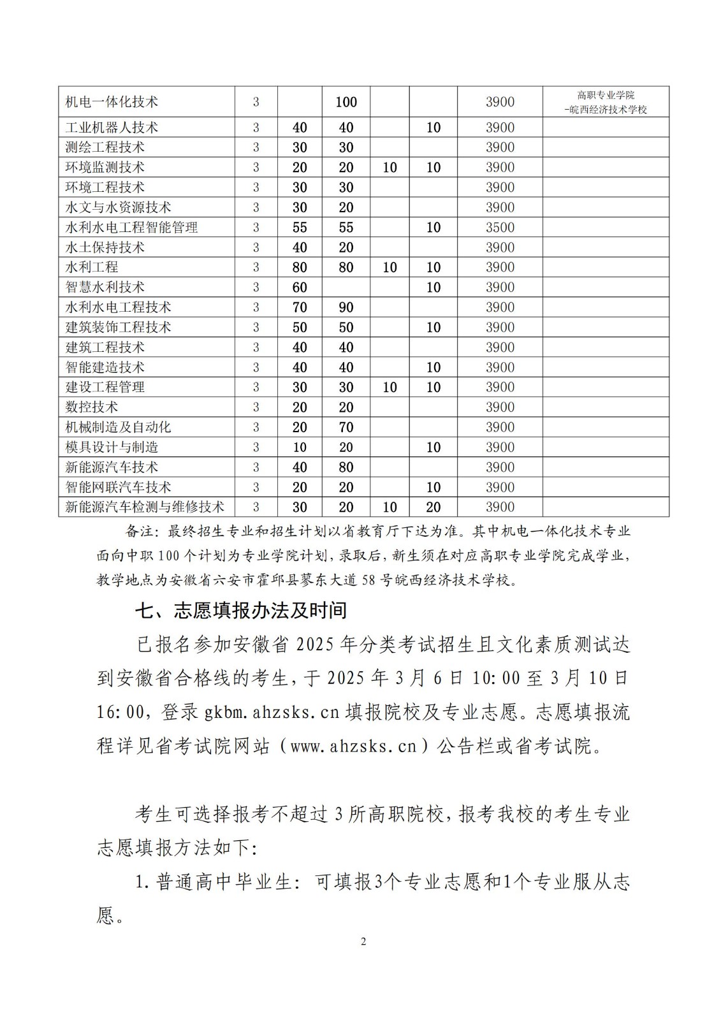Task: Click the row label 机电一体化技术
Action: tap(112, 102)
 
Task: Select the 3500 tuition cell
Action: tap(500, 228)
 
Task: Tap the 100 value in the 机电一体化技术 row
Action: tap(346, 102)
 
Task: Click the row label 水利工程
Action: tap(92, 267)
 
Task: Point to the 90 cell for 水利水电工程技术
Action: tap(346, 307)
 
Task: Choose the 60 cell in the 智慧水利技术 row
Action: tap(300, 288)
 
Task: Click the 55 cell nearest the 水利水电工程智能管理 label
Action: tap(300, 228)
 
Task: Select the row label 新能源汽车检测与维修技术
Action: tap(145, 507)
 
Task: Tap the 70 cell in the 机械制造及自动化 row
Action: tap(346, 427)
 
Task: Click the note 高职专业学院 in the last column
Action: tap(606, 96)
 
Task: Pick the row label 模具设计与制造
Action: tap(112, 448)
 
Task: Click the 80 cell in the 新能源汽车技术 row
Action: tap(346, 467)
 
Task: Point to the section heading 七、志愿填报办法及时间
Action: tap(241, 611)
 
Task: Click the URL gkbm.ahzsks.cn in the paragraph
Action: tap(272, 712)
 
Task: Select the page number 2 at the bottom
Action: tap(363, 942)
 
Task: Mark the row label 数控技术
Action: tap(92, 407)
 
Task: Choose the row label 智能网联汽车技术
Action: tap(119, 488)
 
